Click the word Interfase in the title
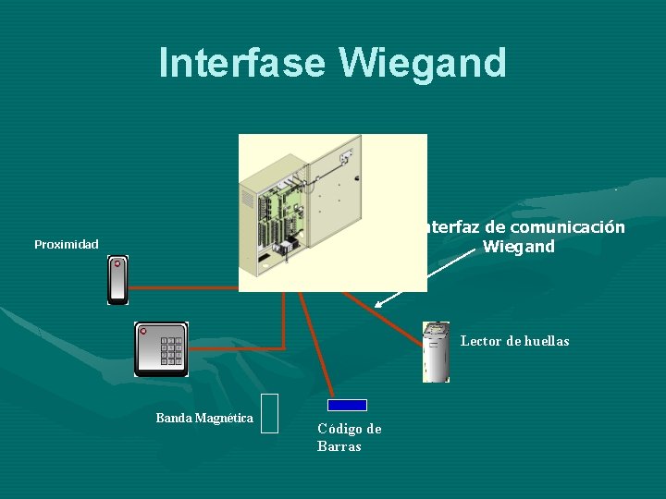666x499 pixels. [x=243, y=63]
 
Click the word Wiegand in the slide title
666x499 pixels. [x=423, y=63]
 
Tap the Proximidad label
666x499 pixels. [x=67, y=245]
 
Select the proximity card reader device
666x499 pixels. [x=117, y=280]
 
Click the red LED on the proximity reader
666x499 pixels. [x=117, y=264]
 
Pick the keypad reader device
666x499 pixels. [x=161, y=348]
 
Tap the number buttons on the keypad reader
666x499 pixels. [x=171, y=351]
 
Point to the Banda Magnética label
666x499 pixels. [x=204, y=419]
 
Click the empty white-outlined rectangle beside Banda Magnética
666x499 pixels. [x=270, y=413]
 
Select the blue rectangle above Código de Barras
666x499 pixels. [x=348, y=405]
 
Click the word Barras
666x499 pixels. [x=339, y=447]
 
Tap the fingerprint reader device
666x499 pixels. [x=436, y=352]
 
